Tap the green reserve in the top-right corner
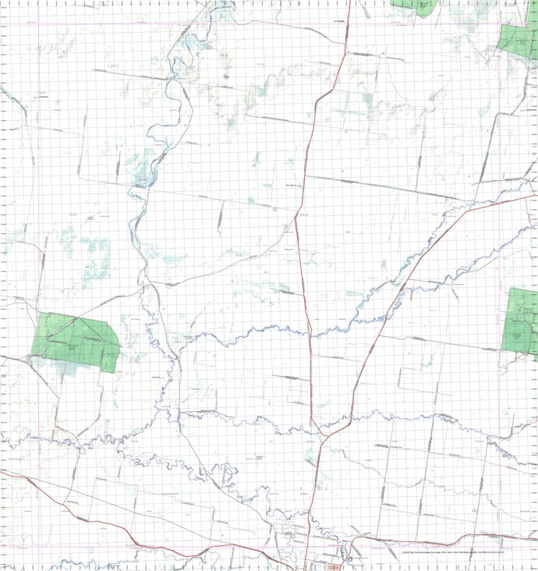click(x=519, y=35)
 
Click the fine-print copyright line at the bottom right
click(x=468, y=553)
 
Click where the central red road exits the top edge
click(x=351, y=2)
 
